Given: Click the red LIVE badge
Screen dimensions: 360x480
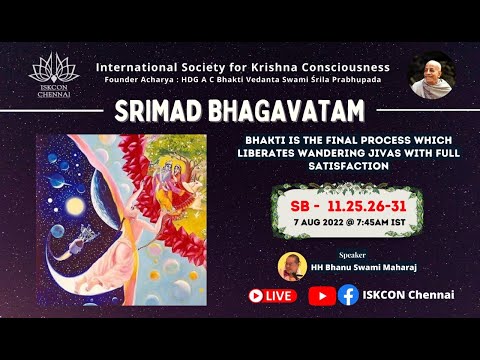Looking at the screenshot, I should tap(273, 295).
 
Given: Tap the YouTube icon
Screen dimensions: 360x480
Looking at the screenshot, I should tap(322, 295).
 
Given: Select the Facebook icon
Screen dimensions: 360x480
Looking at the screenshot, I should tap(348, 295).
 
